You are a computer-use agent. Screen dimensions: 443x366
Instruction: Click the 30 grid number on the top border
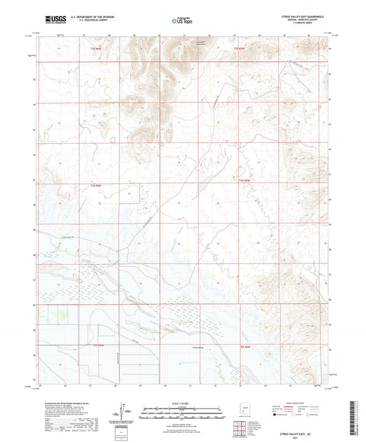[159, 34]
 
